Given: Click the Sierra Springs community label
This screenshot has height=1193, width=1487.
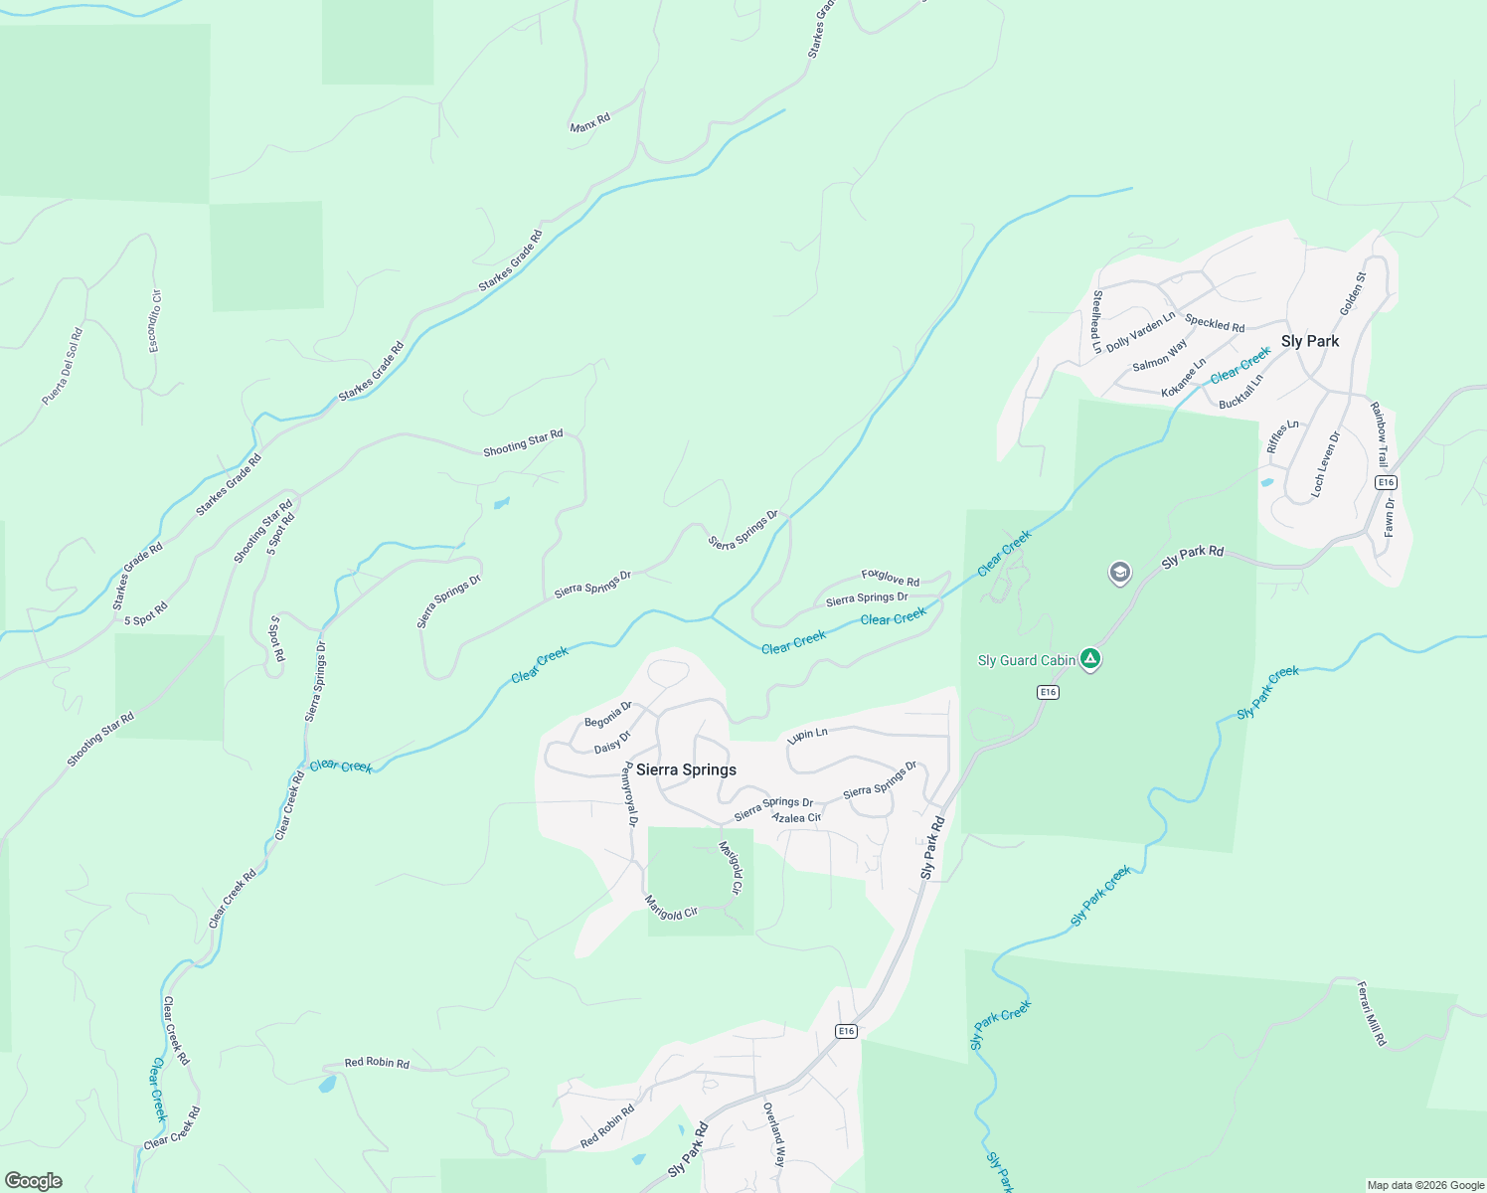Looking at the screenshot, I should coord(686,769).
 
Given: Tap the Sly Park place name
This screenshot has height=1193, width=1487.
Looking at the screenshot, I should coord(1309,341).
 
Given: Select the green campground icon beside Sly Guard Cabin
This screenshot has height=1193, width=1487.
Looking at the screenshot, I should coord(1090,659).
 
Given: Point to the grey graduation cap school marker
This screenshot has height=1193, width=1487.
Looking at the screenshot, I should coord(1120,573).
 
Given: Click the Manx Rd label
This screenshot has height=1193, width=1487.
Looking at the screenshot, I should coord(590,123).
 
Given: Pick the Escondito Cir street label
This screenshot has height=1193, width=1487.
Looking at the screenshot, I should coord(155,321).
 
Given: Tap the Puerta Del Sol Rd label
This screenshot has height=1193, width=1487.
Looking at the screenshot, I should coord(63,367).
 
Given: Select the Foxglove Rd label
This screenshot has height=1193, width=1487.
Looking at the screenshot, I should coord(890,577).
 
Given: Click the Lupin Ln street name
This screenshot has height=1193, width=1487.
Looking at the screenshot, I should coord(807,735).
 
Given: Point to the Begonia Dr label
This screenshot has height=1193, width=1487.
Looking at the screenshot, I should coord(608,714).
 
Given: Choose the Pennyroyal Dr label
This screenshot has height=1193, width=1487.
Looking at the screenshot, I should coord(629,794).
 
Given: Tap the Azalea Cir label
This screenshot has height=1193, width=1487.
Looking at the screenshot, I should coord(797,817).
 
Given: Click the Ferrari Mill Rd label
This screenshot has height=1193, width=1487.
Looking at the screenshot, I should coord(1372,1013).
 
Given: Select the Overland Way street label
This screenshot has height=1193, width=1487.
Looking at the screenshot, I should coord(773,1134).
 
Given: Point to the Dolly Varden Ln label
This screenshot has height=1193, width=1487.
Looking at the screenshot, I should coord(1140,331).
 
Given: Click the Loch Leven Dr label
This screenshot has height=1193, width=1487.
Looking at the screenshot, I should coord(1325,463).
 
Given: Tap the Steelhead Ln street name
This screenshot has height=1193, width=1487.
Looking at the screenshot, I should coord(1097,321).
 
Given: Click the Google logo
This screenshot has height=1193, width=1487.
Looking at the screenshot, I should coord(33,1180).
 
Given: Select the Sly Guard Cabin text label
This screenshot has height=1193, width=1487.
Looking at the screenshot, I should coord(1027,660).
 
